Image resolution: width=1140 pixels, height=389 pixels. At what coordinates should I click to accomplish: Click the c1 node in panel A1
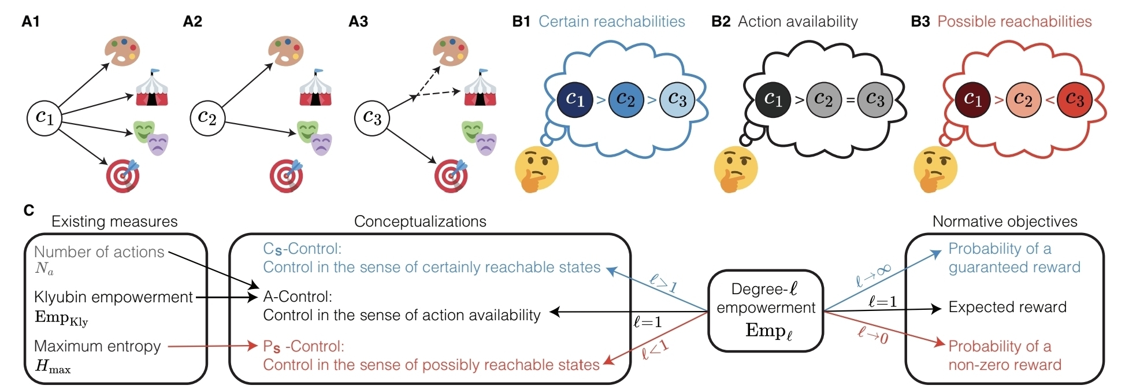point(44,118)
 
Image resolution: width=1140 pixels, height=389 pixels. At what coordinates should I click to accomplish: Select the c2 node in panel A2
point(207,118)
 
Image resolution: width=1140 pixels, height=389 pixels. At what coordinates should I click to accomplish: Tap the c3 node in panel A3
point(372,118)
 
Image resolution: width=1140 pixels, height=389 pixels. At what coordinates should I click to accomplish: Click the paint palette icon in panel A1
point(122,51)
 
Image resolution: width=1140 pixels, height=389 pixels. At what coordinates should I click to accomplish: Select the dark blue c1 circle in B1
point(575,99)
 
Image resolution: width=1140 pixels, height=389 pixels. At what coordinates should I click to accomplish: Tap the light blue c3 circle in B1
point(677,99)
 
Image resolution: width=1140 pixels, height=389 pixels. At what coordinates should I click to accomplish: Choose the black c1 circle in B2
point(773,99)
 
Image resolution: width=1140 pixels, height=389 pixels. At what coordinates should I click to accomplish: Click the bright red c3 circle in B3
point(1074,99)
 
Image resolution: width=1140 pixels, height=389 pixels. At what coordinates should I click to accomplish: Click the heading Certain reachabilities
point(611,22)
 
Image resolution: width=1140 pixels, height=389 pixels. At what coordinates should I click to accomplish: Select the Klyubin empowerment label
point(113,297)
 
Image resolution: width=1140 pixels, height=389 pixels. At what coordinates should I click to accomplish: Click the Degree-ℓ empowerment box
point(766,310)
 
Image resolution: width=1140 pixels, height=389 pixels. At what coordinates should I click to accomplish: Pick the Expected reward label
point(1007,307)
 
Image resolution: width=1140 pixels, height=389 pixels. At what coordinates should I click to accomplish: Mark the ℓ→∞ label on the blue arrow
point(873,275)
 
